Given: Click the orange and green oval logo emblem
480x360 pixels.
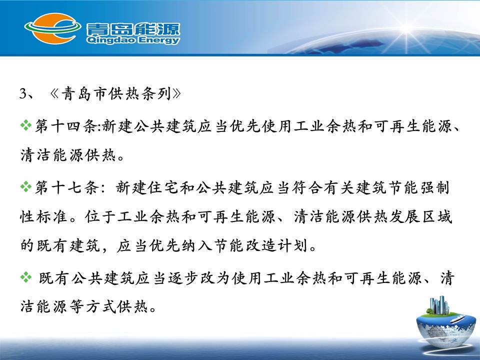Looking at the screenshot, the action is (52, 28).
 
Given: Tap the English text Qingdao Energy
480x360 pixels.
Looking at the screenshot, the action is (133, 40).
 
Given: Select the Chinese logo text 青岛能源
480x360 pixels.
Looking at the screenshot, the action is (133, 29).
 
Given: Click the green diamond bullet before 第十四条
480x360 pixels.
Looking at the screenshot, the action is (25, 125).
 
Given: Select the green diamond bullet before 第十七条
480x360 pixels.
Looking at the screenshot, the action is (25, 186).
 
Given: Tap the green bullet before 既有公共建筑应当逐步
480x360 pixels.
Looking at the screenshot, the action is (25, 277).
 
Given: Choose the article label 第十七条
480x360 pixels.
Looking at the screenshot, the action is (65, 187).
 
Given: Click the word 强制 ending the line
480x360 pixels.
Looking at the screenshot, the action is (434, 187).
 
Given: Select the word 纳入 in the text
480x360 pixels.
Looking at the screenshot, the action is (196, 245).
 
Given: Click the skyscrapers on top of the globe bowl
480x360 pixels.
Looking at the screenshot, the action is (439, 305).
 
